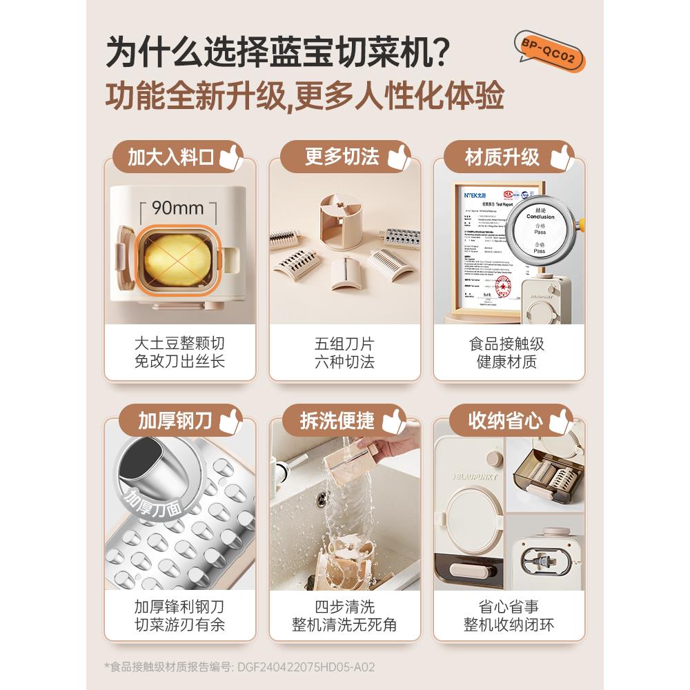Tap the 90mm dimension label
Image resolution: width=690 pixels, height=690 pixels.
[178, 208]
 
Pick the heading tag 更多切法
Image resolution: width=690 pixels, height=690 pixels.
[342, 157]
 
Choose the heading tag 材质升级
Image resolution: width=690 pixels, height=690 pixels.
[502, 157]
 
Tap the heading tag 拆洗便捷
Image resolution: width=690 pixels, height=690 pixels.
[337, 420]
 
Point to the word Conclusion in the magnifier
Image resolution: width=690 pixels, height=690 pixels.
[540, 216]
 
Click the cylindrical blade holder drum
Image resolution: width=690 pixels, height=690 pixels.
[342, 217]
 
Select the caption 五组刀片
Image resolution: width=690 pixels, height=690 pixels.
[344, 343]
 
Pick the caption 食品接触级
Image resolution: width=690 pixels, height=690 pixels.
[507, 343]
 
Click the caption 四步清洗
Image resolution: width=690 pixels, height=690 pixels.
[344, 607]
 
